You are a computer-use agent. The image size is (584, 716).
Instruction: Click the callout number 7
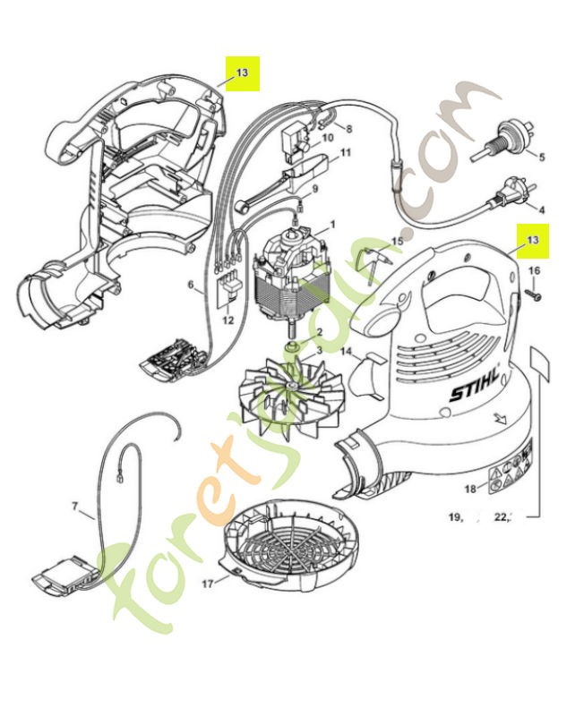[74, 507]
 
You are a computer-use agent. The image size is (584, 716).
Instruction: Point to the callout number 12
[228, 320]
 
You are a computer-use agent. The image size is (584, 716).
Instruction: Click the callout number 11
[345, 153]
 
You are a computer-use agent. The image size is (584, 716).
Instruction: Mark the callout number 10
[327, 138]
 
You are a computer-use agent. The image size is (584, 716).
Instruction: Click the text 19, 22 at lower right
[485, 516]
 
